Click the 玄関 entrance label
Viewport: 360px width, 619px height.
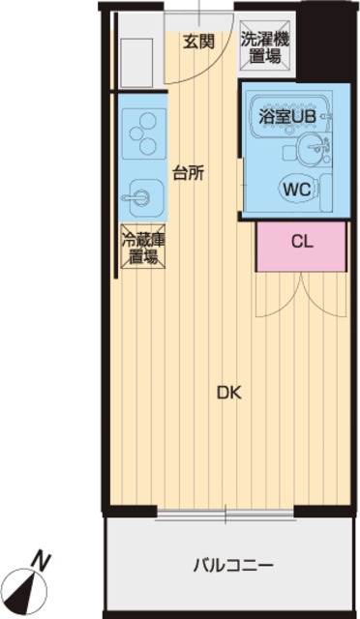tap(198, 41)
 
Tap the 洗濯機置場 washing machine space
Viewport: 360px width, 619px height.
tap(265, 47)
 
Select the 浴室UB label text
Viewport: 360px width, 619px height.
tap(287, 116)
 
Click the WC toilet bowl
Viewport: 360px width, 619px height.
tap(298, 190)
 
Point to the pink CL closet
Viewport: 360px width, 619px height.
tap(302, 247)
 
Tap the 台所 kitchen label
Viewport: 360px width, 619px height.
tap(189, 173)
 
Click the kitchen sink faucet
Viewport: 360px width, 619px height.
tap(136, 196)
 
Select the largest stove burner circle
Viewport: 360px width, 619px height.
tap(148, 120)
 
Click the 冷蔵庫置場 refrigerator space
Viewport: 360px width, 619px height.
tap(143, 247)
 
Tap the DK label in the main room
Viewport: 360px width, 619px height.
tap(229, 393)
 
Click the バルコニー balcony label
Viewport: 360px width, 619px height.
tap(233, 566)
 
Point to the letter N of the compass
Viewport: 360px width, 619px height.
tap(42, 560)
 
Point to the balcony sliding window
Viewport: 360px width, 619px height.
tap(225, 514)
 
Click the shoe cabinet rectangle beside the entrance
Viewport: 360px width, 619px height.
tap(136, 63)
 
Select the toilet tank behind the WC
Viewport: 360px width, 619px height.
tap(327, 192)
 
